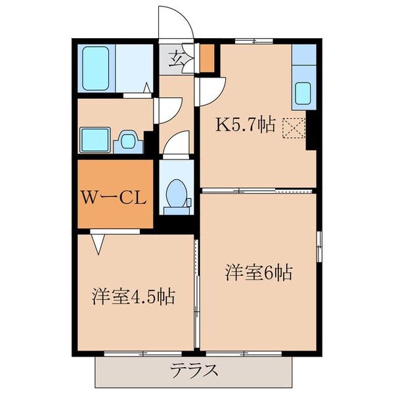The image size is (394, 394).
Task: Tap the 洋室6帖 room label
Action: pos(259,271)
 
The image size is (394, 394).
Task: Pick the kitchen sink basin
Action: pos(303,93)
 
